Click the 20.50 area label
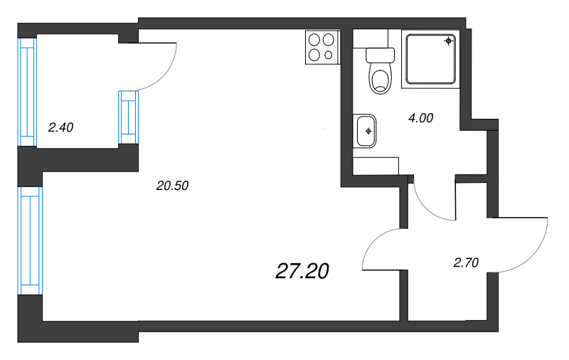coord(172,186)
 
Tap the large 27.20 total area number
coord(302,271)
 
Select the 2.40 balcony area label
coord(60,127)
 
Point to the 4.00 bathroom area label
coord(420,118)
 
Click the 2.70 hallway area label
coord(466,263)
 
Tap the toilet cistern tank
coord(380,55)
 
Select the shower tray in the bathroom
coord(431,59)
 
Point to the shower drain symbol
coord(449,41)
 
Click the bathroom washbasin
coord(365,131)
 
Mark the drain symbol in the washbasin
coord(368,131)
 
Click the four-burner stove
coord(322,48)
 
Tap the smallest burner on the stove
coord(329,55)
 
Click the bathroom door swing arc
coord(428,208)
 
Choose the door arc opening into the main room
coord(374,240)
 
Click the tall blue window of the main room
coord(31,240)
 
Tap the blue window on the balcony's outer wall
coord(27,92)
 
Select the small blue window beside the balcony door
coord(128,117)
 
